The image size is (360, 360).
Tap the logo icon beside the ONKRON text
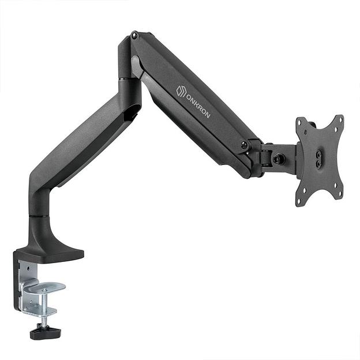click(x=181, y=91)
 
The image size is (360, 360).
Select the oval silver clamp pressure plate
click(x=47, y=287)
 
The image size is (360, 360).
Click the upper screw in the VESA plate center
click(x=318, y=155)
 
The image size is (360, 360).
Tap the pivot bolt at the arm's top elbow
click(x=134, y=36)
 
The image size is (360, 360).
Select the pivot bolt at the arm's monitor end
click(x=245, y=145)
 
